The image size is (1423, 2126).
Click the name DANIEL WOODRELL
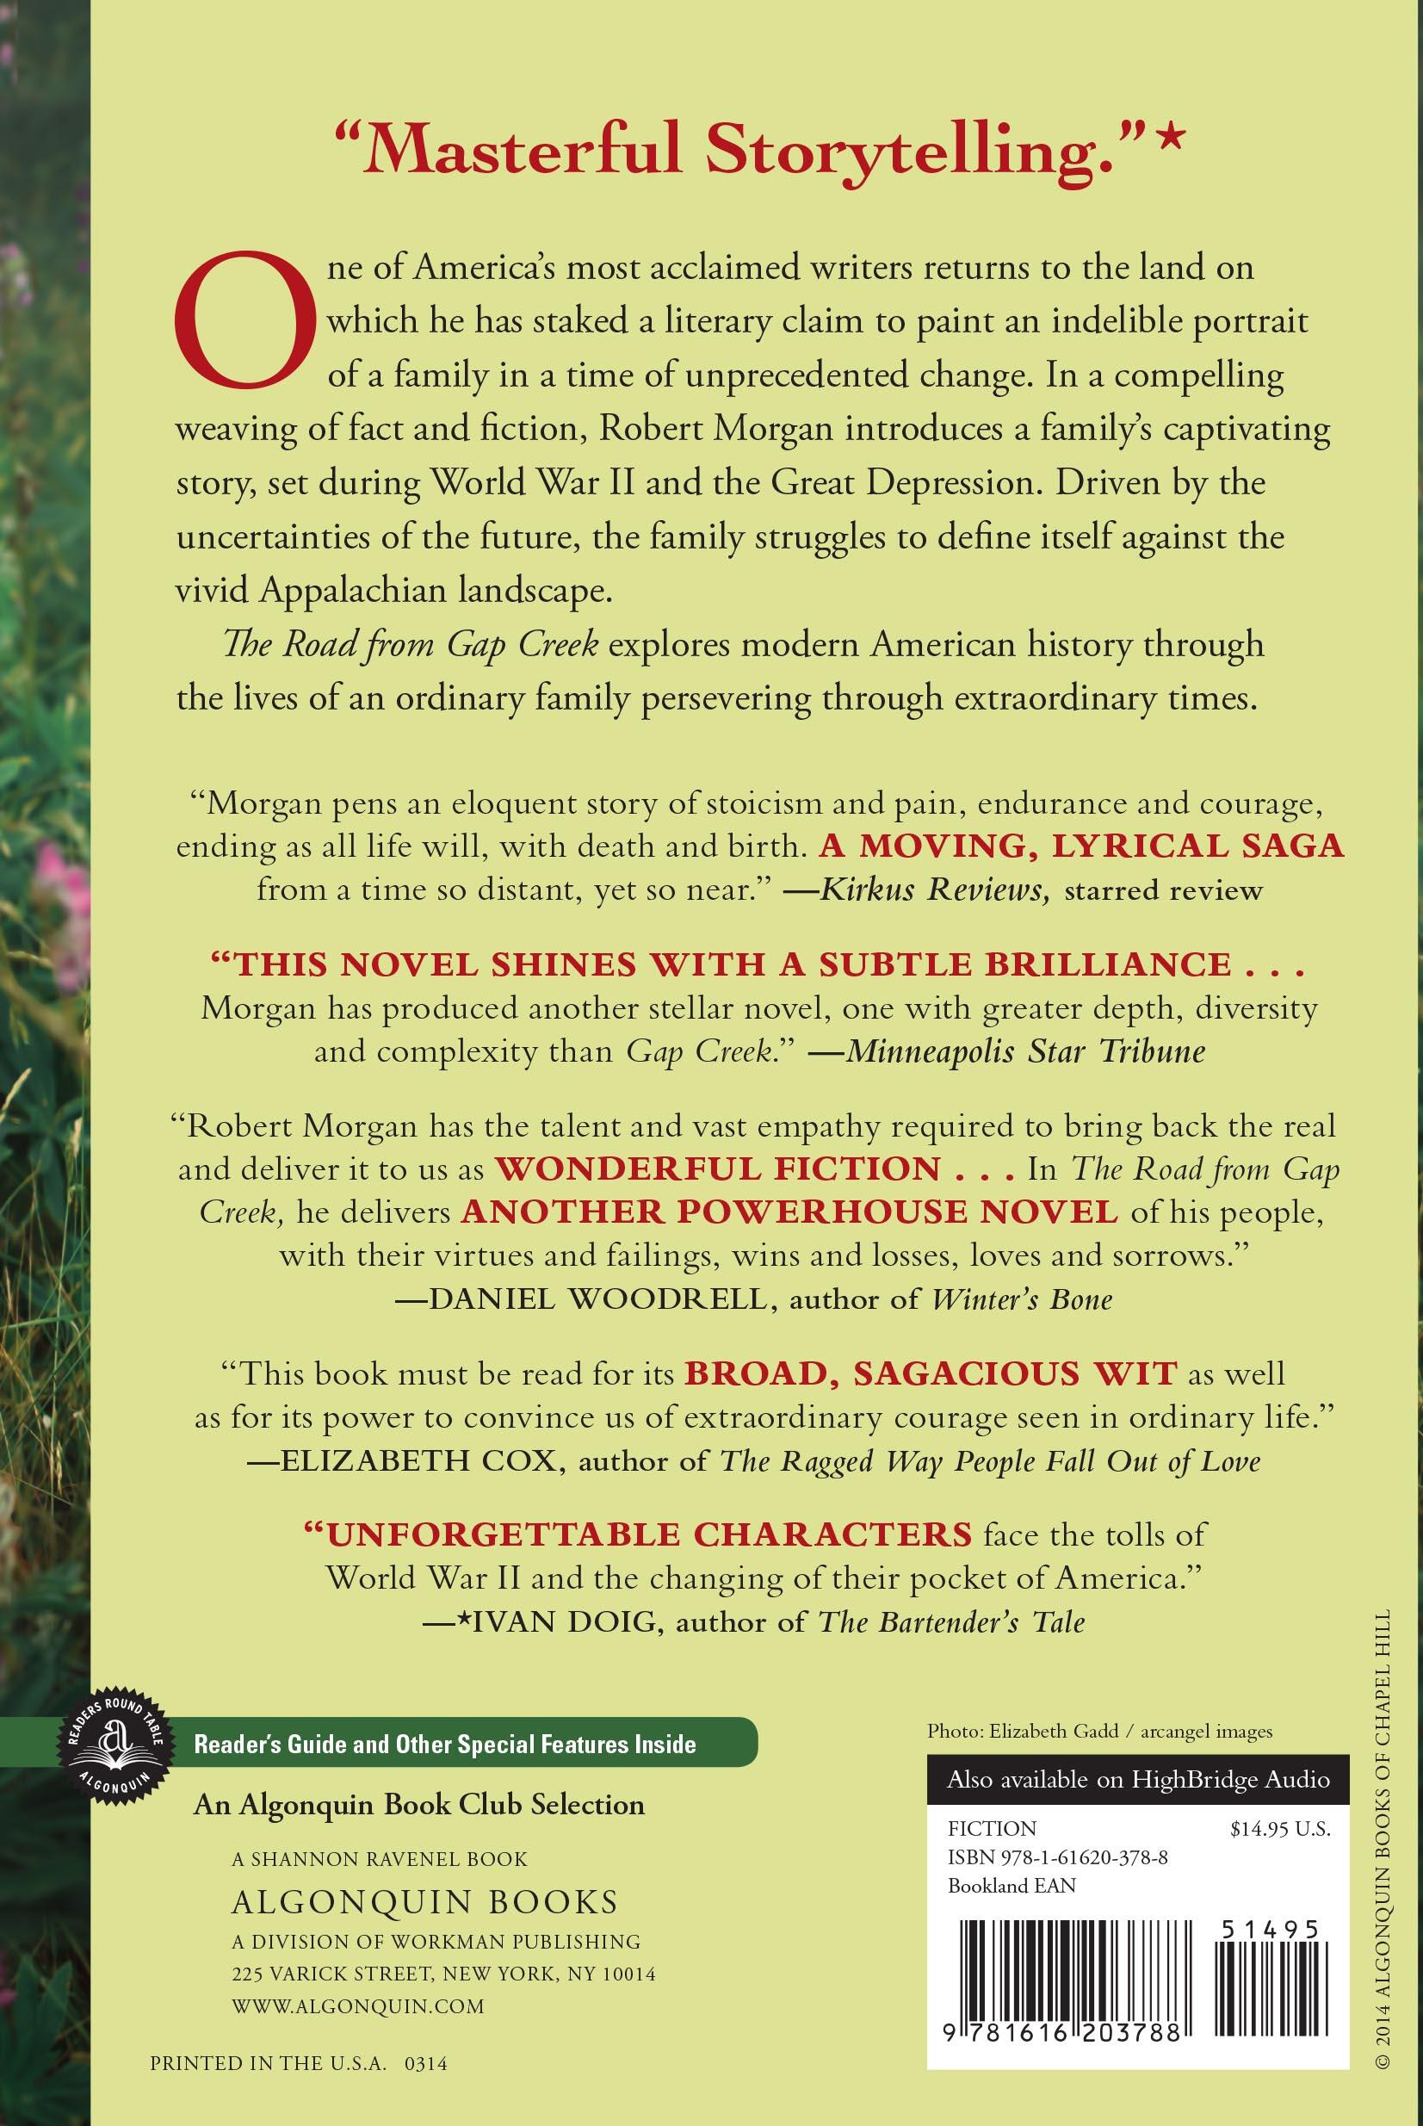pyautogui.click(x=592, y=1299)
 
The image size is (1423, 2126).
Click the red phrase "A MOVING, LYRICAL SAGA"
pyautogui.click(x=1081, y=846)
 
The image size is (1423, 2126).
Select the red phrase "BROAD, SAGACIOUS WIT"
pyautogui.click(x=931, y=1374)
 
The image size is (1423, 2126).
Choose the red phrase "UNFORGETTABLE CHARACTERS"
pyautogui.click(x=649, y=1535)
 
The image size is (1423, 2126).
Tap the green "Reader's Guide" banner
pyautogui.click(x=445, y=1744)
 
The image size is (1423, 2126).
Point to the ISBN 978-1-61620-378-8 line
pyautogui.click(x=1057, y=1857)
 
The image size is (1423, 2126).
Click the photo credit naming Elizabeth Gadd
pyautogui.click(x=1099, y=1732)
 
